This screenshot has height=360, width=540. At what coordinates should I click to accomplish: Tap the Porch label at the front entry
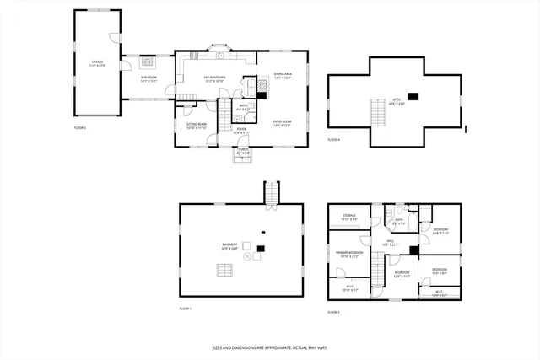pyautogui.click(x=243, y=151)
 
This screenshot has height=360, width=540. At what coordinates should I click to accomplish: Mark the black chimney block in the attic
pyautogui.click(x=413, y=95)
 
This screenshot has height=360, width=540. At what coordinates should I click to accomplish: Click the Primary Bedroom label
pyautogui.click(x=349, y=253)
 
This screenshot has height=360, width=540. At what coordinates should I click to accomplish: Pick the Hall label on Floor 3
pyautogui.click(x=391, y=243)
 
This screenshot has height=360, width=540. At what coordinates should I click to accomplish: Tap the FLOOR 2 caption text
pyautogui.click(x=80, y=127)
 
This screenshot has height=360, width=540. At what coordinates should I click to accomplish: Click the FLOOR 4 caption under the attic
pyautogui.click(x=333, y=139)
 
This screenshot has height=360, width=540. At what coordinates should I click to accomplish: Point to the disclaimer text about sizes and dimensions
pyautogui.click(x=270, y=347)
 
